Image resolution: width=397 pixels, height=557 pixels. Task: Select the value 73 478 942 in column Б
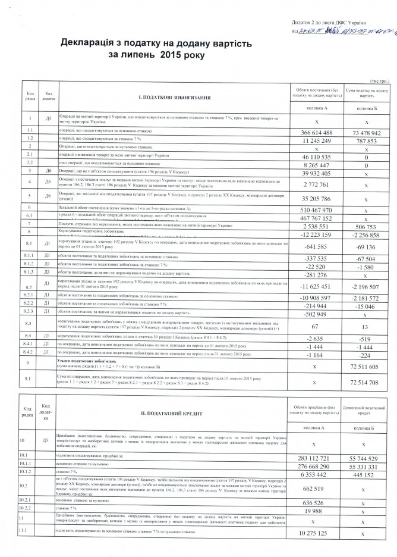tap(368, 132)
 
